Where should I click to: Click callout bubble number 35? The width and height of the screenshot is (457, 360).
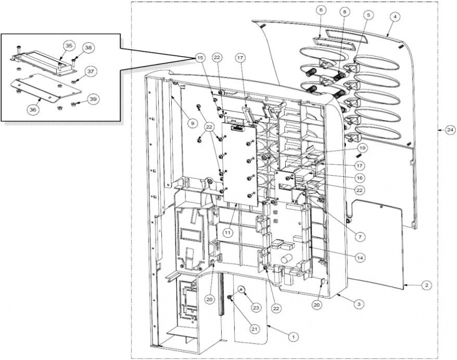[68, 46]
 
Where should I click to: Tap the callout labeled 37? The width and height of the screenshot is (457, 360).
[91, 71]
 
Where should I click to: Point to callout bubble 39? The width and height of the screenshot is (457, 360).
[93, 99]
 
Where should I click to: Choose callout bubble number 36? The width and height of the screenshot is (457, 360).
[33, 110]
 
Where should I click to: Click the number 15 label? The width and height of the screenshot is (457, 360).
[200, 58]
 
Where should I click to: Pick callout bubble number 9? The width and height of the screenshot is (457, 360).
[192, 123]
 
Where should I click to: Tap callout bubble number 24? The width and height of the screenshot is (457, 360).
[450, 130]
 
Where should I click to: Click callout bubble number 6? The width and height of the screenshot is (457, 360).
[321, 10]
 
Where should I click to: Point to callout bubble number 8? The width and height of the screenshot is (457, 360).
[345, 12]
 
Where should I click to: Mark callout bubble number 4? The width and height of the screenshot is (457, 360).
[395, 17]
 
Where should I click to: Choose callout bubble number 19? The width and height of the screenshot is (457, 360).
[362, 149]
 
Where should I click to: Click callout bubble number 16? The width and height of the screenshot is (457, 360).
[360, 178]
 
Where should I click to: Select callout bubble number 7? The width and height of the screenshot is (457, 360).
[360, 237]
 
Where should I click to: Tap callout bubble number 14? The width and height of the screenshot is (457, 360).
[360, 258]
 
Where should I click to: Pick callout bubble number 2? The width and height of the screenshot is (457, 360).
[427, 285]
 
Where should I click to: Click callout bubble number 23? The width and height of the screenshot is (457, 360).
[256, 308]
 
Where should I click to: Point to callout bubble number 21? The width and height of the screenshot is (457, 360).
[254, 329]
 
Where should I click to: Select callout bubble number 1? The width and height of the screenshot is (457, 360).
[294, 337]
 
